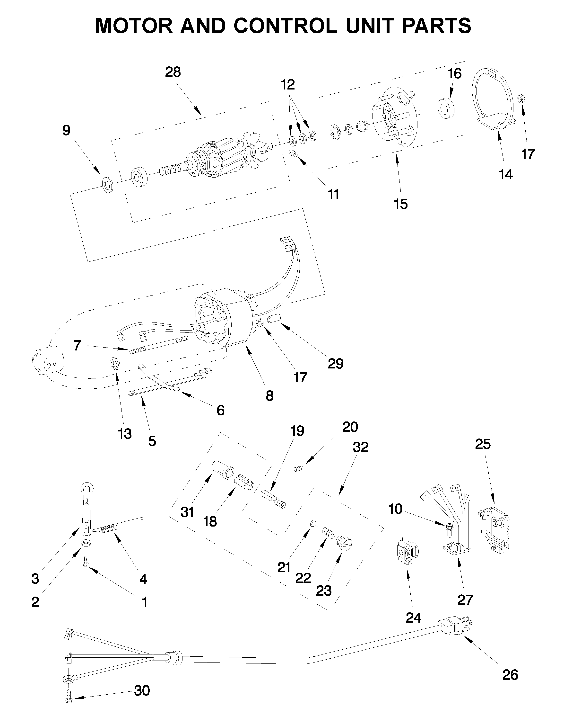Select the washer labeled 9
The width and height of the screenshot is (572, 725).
pos(107,186)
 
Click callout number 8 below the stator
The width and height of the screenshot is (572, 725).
pos(269,396)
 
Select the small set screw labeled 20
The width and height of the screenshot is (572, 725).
pos(298,469)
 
